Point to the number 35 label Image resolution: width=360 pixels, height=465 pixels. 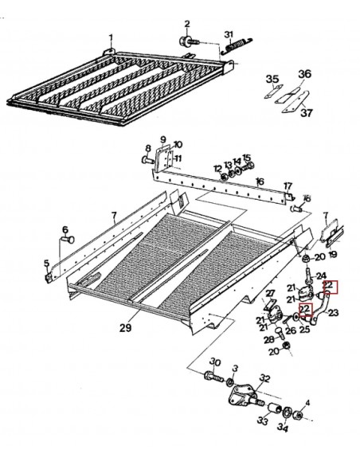coord(272,79)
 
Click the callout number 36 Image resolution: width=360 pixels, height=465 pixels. coord(303,74)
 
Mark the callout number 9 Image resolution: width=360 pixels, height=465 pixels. coord(162,139)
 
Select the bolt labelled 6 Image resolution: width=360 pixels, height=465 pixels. coord(63,236)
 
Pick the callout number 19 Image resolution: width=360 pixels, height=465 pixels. coord(333,255)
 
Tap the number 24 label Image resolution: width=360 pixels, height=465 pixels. coord(323,276)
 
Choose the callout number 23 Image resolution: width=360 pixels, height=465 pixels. coord(334,313)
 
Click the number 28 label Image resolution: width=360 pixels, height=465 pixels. coord(268,340)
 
